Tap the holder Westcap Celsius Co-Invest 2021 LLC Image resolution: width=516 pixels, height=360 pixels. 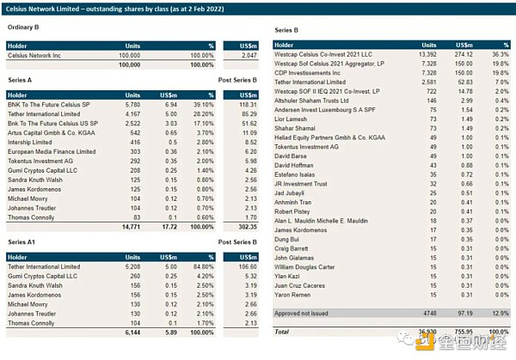pos(328,54)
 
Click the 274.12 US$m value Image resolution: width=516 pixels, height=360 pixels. pos(445,54)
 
